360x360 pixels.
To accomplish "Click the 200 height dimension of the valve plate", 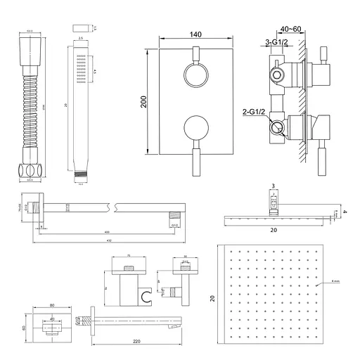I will point(143,102).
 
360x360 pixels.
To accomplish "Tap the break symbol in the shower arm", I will point(112,207).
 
